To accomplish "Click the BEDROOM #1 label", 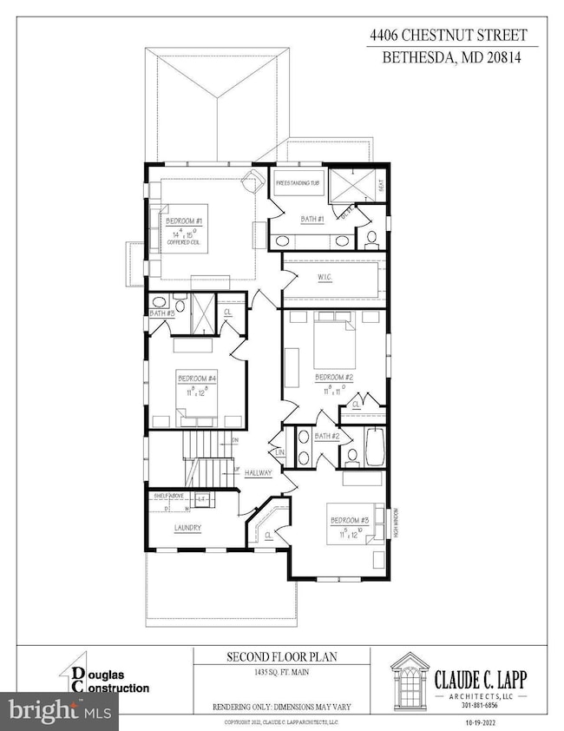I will (183, 221).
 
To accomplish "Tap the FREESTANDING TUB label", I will (298, 184).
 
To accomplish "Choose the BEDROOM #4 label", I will (196, 379).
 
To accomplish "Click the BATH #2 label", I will (327, 436).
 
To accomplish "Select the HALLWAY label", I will (258, 473).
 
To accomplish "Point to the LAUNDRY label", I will (187, 528).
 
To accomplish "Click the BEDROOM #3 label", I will (349, 521).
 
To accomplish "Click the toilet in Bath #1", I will (371, 237).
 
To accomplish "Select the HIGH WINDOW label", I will (397, 524).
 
